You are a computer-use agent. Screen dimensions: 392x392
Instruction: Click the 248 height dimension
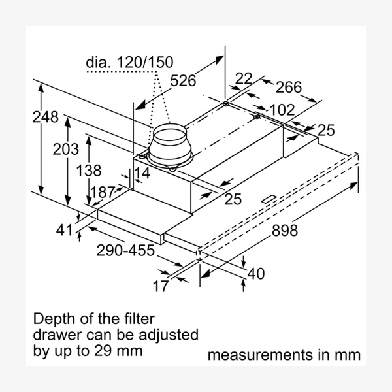pos(45,118)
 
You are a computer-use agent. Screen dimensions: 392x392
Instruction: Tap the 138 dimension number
pos(89,171)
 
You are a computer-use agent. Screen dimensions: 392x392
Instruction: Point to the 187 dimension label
pos(102,192)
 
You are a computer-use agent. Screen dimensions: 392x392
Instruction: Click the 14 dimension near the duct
pos(142,174)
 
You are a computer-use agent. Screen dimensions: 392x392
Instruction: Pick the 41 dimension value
pos(63,229)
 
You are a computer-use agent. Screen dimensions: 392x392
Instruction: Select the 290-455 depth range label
pos(125,250)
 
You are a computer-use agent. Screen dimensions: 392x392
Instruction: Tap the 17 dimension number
pos(161,286)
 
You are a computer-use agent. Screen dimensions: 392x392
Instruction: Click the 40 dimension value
pos(256,274)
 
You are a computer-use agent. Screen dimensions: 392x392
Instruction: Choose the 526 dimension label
pos(183,81)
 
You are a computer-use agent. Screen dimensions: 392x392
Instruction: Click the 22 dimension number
pos(243,79)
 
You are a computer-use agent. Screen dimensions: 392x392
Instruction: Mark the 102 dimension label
pos(282,109)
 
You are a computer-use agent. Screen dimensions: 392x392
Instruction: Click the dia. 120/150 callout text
pos(129,63)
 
